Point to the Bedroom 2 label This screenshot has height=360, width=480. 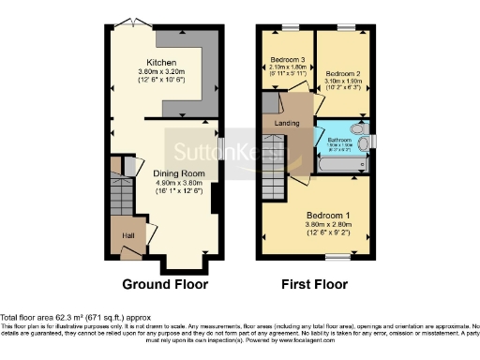(343, 71)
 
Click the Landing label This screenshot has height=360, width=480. (286, 123)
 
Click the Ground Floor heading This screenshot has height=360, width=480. (165, 284)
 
